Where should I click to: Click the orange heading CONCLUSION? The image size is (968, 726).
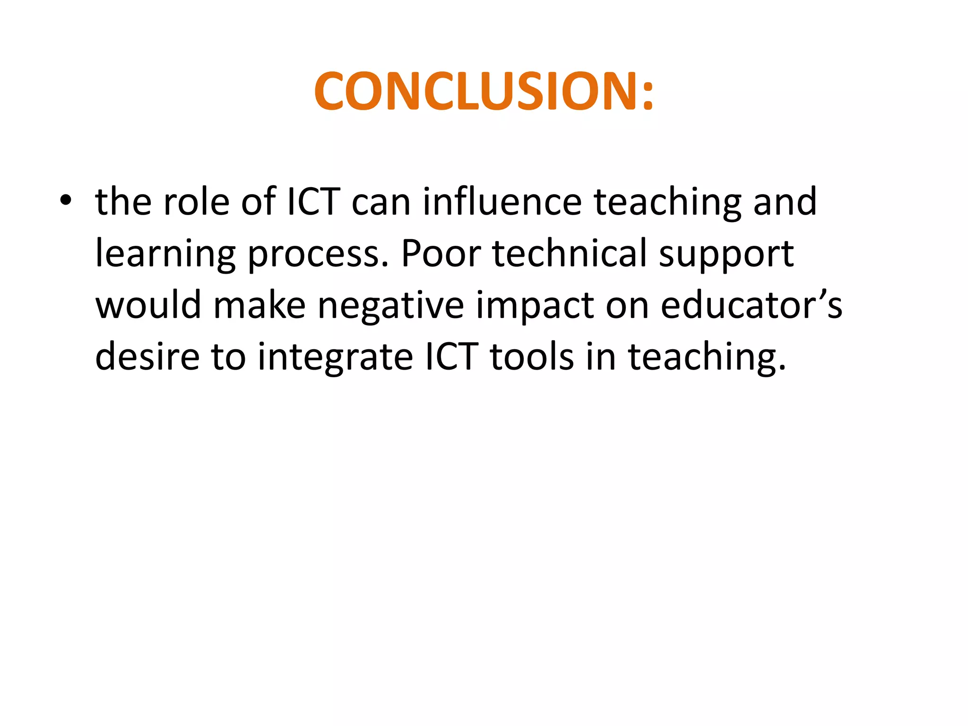[x=484, y=92]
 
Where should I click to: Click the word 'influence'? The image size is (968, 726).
[x=501, y=202]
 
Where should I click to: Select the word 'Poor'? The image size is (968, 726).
[x=441, y=253]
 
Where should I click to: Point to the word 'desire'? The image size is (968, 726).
[x=147, y=356]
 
